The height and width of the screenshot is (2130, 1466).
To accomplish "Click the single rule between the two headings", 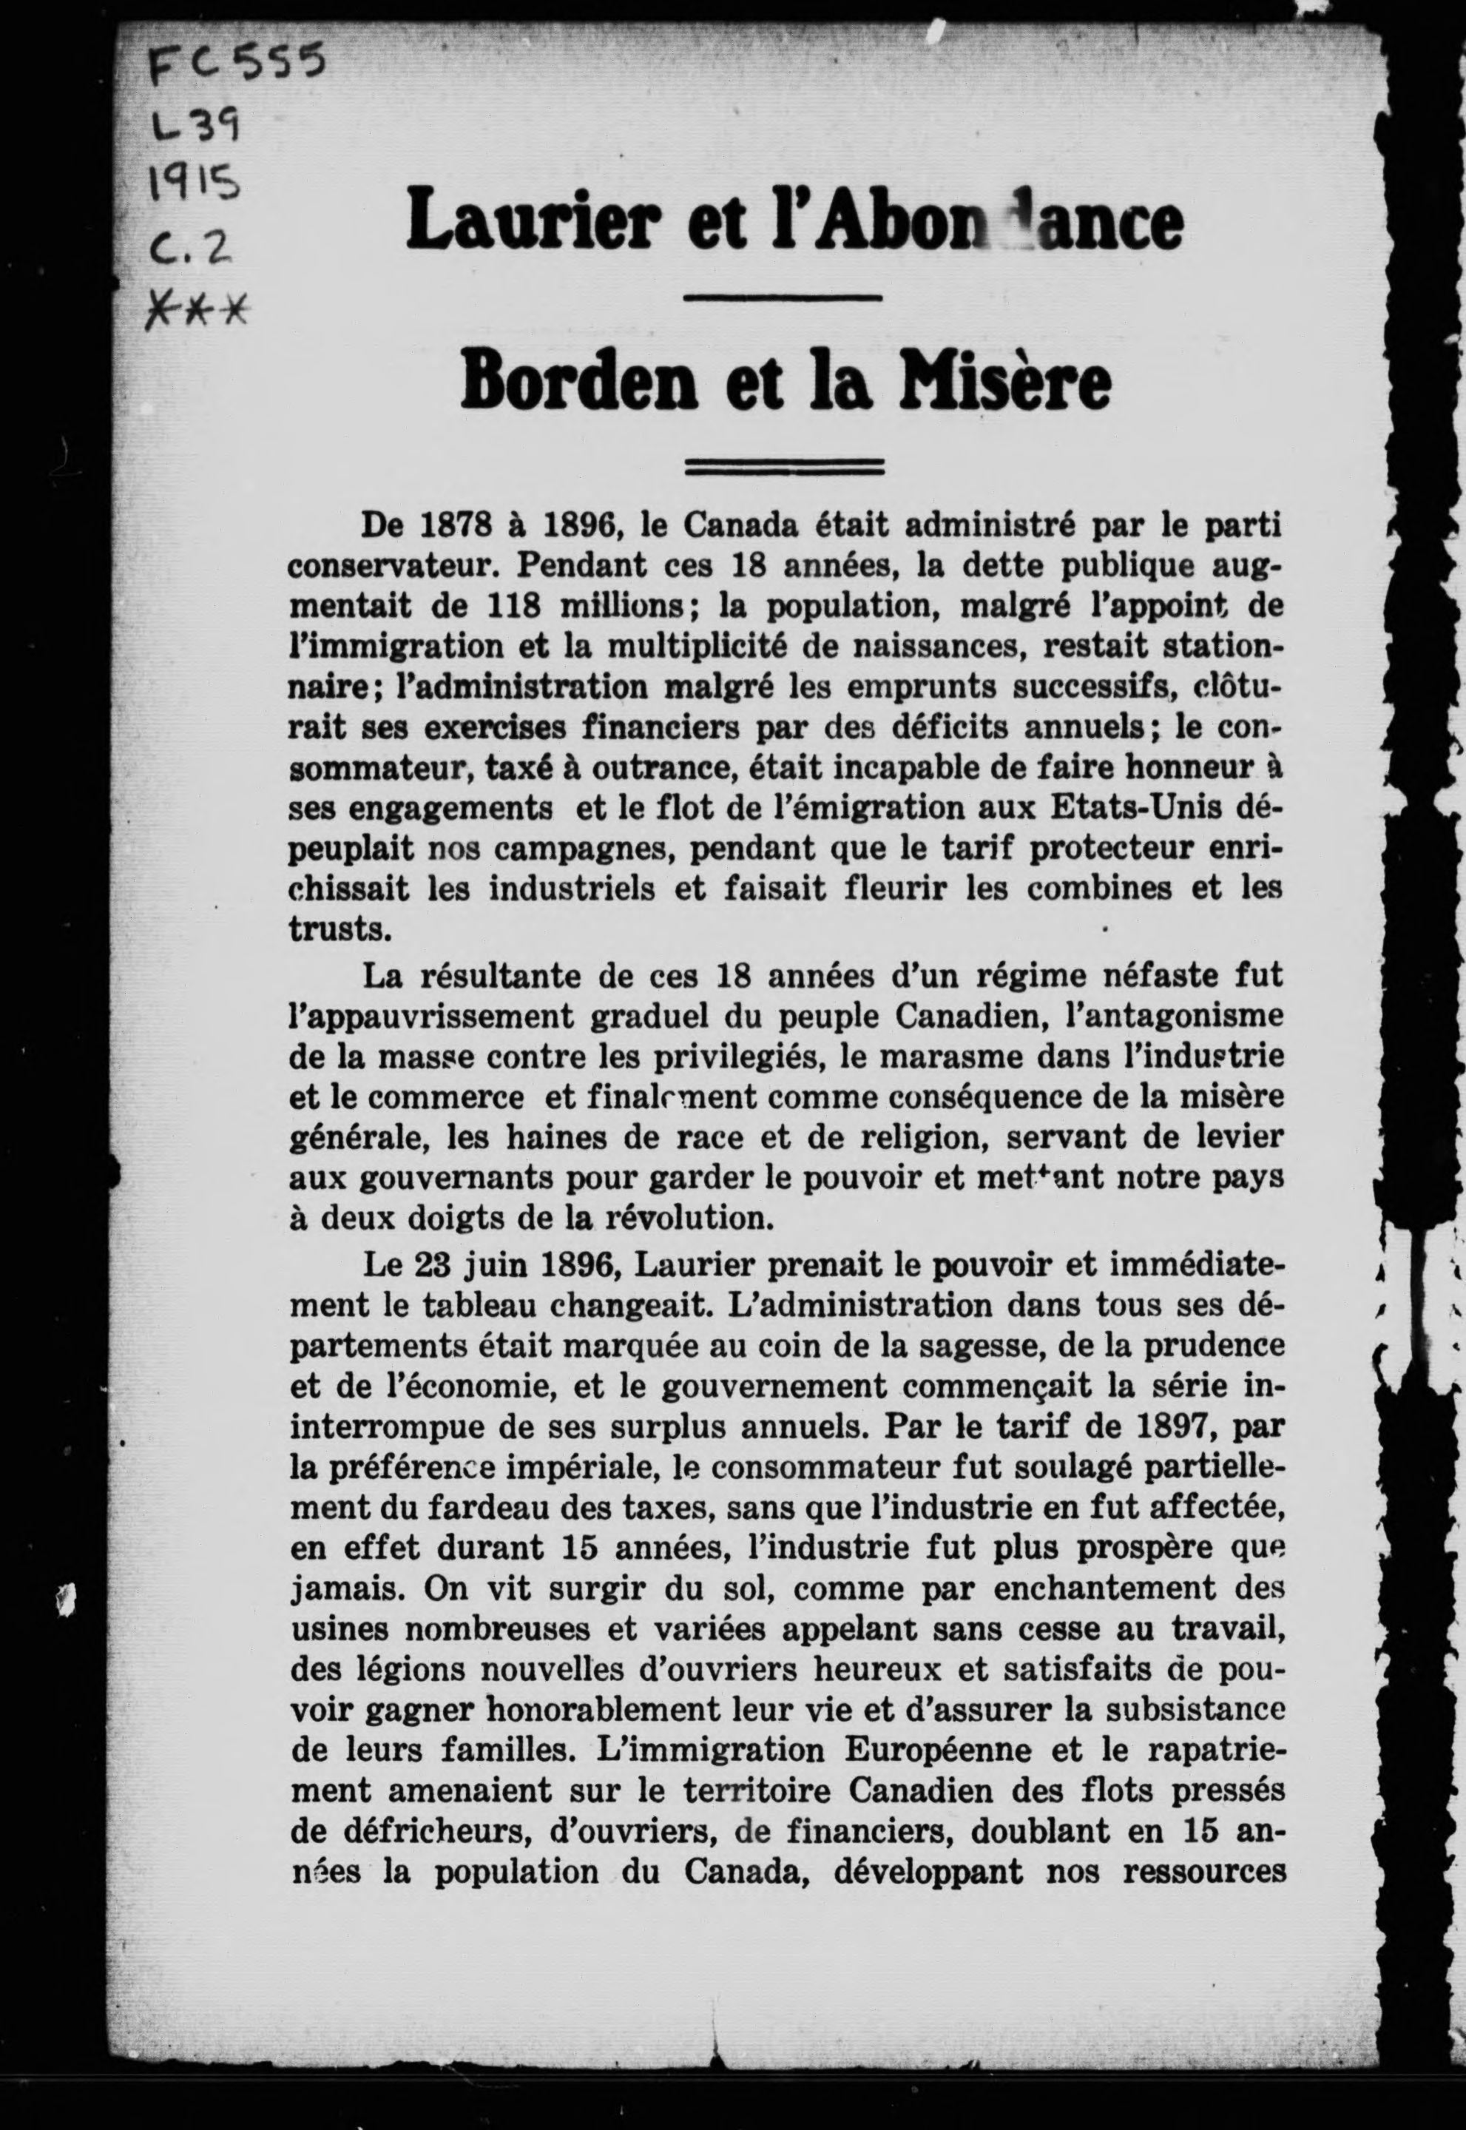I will (783, 297).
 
